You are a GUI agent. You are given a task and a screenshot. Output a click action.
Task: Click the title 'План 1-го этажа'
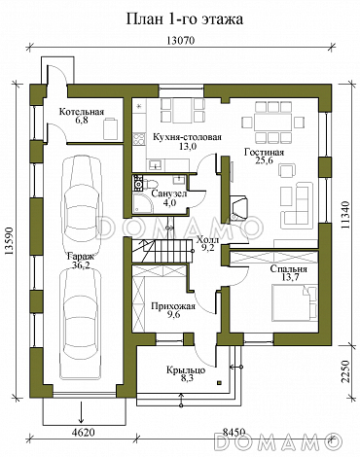[184, 19]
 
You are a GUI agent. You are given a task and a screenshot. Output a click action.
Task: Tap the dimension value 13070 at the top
[181, 41]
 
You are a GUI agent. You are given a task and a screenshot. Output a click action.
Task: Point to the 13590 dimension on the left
[10, 241]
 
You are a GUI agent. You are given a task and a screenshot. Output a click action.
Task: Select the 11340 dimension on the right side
[345, 215]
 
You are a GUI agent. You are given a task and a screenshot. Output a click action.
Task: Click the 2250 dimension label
[345, 371]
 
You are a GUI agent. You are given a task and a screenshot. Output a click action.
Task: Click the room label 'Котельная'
[82, 112]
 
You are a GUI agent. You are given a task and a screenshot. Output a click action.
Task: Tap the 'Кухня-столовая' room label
[187, 137]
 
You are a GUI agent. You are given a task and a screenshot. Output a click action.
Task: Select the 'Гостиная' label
[264, 152]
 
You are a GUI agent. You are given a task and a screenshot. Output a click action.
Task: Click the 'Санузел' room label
[169, 193]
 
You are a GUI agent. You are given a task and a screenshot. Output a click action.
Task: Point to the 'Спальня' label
[288, 269]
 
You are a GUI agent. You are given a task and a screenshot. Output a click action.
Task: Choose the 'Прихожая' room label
[173, 306]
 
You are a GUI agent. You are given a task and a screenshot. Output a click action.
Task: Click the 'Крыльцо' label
[186, 369]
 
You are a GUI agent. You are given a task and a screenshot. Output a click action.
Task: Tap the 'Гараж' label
[81, 257]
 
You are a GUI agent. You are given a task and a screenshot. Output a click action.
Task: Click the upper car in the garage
[80, 197]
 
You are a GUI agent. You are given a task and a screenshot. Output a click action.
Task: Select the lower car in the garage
[80, 324]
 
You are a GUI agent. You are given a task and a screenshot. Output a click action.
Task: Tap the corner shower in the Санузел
[143, 203]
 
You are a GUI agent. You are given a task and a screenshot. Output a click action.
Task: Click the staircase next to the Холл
[162, 251]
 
